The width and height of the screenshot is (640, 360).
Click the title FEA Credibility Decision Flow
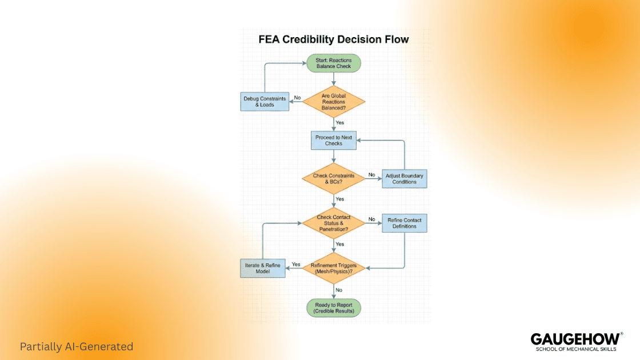click(x=334, y=39)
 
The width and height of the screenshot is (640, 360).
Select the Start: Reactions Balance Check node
click(x=334, y=63)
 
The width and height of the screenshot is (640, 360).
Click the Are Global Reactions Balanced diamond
click(x=334, y=102)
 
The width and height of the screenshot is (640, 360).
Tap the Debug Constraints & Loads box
click(x=264, y=102)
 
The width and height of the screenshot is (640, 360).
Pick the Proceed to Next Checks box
click(x=334, y=141)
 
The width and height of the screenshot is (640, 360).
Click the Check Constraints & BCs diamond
click(x=334, y=179)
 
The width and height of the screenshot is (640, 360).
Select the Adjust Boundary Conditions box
click(x=404, y=179)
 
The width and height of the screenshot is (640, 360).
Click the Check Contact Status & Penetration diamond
click(x=334, y=223)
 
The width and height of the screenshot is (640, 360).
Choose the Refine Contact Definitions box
click(x=404, y=223)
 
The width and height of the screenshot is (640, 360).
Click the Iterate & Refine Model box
click(x=262, y=268)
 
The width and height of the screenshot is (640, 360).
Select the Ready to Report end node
click(x=334, y=308)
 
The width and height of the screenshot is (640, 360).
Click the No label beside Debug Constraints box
click(x=297, y=98)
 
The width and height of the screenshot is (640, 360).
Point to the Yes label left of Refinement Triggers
click(x=296, y=264)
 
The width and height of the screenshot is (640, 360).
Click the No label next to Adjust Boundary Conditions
click(x=372, y=174)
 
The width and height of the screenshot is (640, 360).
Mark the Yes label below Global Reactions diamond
click(x=340, y=122)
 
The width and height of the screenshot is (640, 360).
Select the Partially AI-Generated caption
click(x=77, y=346)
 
